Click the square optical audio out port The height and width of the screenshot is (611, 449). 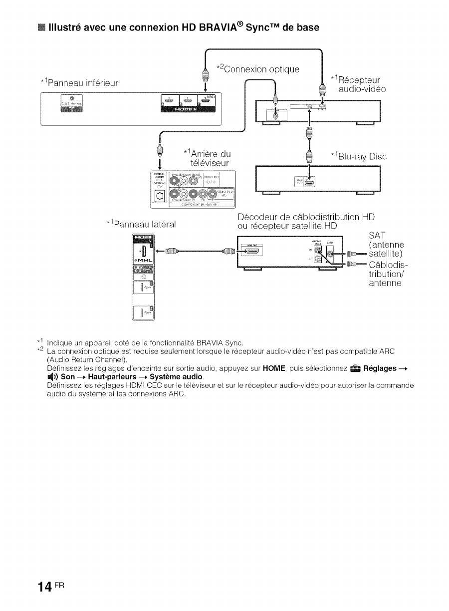161,196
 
